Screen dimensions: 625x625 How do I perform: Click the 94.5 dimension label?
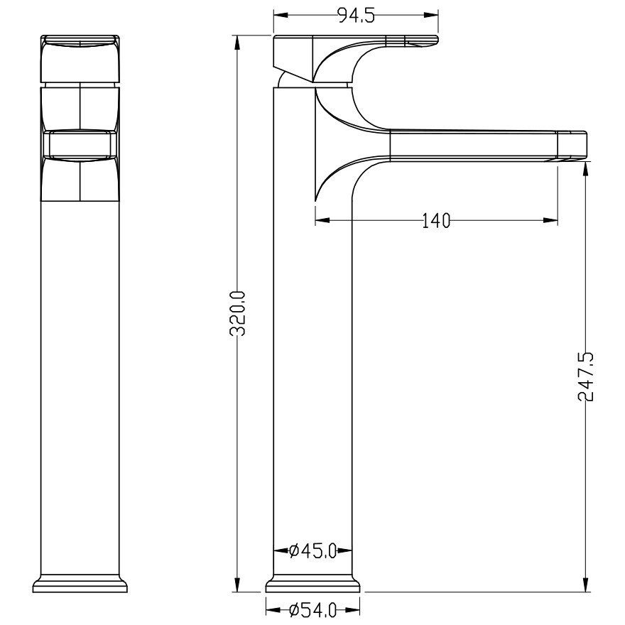coord(356,16)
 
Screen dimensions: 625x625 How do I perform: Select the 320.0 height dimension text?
coord(238,313)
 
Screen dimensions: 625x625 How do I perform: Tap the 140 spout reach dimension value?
coord(436,221)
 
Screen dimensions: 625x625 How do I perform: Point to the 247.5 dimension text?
coord(586,376)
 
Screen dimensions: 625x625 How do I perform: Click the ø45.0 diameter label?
coord(313,551)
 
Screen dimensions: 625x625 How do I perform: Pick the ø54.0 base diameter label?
coord(313,610)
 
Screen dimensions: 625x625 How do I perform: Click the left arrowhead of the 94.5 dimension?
coord(281,15)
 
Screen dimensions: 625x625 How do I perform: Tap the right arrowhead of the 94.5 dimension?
coord(431,15)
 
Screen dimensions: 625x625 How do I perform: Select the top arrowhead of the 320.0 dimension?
coord(237,43)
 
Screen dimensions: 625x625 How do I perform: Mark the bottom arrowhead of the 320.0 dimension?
coord(237,585)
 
